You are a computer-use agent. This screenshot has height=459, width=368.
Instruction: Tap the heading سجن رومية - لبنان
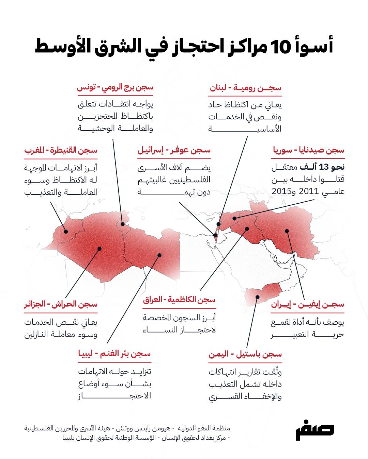[245, 88]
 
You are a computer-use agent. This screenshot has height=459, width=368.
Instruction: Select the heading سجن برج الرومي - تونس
[115, 88]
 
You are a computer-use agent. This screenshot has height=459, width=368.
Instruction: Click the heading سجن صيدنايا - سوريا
[308, 150]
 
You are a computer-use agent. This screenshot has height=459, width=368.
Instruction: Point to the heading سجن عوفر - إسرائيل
[174, 150]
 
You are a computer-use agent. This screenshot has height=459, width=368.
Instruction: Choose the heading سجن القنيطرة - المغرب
[61, 150]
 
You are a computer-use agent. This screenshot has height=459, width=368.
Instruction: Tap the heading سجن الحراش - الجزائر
[61, 304]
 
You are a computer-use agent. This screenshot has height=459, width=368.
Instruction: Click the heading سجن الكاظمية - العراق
[179, 300]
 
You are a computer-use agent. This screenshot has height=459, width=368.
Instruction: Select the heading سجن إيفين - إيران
[307, 304]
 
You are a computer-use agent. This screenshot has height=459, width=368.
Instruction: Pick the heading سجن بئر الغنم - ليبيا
[114, 354]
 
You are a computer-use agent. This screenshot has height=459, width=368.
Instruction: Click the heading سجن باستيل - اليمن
[245, 354]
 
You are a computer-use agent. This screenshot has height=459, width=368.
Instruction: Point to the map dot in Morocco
[66, 232]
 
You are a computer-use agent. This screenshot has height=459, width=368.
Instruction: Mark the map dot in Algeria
[99, 249]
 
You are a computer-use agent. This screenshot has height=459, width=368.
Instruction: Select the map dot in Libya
[159, 255]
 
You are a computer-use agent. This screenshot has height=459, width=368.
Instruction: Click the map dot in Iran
[287, 231]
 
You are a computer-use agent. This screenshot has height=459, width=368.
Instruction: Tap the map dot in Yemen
[258, 297]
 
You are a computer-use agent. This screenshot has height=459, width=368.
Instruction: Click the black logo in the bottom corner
[314, 432]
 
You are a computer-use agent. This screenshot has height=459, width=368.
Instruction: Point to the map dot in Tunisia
[122, 224]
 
